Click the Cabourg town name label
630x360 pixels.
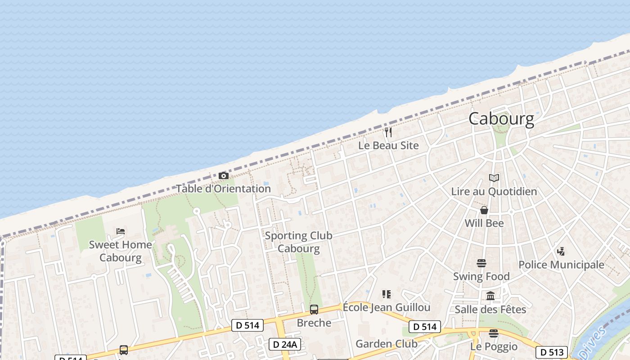pos(501,119)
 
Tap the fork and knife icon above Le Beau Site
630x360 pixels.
pos(388,132)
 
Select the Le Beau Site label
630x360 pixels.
pos(388,145)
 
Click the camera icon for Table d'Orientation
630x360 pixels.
pos(224,175)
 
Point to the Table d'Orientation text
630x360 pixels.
pos(223,189)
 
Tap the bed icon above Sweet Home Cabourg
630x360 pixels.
pos(121,231)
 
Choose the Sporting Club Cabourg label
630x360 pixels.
pos(298,242)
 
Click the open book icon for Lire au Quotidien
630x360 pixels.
pos(494,178)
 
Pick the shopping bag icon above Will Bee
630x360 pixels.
pos(484,210)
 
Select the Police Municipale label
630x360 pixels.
pos(561,265)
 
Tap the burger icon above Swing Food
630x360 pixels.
pos(481,263)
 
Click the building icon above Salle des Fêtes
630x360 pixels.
pos(490,296)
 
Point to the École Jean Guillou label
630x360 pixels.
pos(387,307)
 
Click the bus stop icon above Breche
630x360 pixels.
pos(314,310)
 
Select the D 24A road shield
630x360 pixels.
pos(285,344)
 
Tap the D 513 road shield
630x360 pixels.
pos(551,352)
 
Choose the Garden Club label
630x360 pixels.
pos(387,344)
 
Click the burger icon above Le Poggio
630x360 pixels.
pos(494,333)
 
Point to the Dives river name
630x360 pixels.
pos(597,340)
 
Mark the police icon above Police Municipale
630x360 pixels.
pos(561,252)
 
